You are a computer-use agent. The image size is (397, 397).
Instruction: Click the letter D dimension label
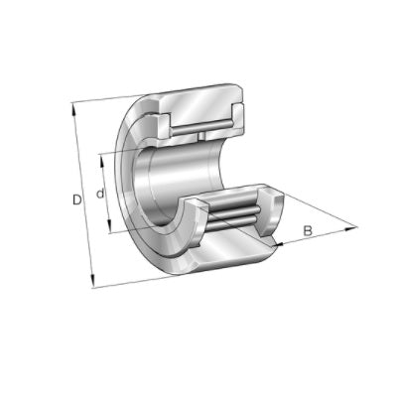click(77, 199)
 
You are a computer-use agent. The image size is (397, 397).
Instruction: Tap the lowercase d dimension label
click(100, 193)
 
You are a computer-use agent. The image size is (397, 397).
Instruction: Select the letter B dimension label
click(308, 230)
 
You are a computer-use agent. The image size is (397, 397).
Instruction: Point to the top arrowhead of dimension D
click(73, 108)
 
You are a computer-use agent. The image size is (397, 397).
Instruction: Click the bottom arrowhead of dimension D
click(93, 282)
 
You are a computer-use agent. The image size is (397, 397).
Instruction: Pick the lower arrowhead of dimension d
click(109, 227)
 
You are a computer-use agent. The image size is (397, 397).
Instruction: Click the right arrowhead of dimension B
click(352, 227)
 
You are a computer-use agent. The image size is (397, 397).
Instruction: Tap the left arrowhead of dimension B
click(280, 244)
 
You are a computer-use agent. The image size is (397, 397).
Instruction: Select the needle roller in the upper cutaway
click(202, 128)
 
